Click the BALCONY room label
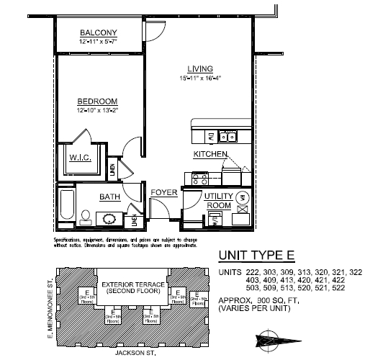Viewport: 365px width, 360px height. [98, 33]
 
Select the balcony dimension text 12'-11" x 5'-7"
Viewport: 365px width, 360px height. [98, 42]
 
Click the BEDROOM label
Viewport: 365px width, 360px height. [97, 102]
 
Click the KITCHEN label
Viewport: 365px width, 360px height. [210, 155]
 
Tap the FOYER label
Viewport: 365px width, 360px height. [163, 192]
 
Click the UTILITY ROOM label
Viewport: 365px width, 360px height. [217, 200]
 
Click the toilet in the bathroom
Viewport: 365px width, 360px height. [84, 217]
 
